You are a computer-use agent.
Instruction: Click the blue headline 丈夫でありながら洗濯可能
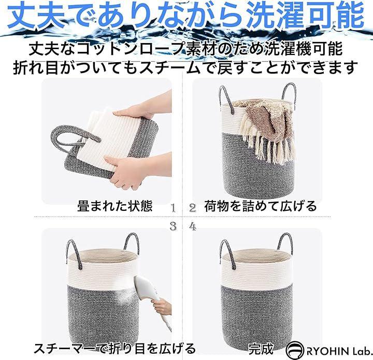187,16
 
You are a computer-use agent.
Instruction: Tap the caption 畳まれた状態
115,206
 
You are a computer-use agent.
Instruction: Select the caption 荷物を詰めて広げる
261,206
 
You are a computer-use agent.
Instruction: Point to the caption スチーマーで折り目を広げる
114,349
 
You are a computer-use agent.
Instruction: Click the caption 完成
261,349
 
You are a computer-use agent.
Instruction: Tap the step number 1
173,209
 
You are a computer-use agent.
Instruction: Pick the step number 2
193,209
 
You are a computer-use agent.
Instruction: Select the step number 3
173,226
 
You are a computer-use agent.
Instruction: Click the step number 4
193,226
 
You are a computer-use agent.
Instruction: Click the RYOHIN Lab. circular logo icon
295,350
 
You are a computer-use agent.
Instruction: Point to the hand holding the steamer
162,307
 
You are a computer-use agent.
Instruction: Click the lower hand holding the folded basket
138,169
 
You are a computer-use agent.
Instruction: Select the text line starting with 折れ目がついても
185,67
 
